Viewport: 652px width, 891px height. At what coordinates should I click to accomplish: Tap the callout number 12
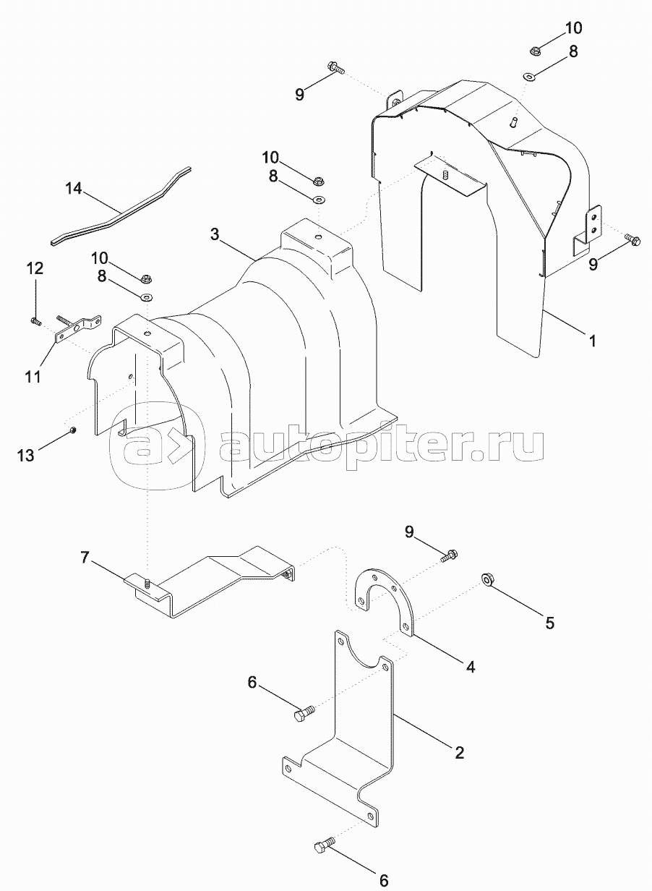click(35, 269)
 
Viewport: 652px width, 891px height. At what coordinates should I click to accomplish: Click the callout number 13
click(26, 455)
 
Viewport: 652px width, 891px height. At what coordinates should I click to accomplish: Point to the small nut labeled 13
click(73, 431)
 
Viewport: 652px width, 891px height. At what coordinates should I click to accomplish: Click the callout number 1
click(593, 340)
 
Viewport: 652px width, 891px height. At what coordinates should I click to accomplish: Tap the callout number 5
click(550, 623)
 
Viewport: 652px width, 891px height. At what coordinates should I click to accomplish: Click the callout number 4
click(471, 668)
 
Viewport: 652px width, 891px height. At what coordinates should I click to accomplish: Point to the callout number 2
click(459, 753)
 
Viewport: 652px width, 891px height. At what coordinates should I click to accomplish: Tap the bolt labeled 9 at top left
click(337, 67)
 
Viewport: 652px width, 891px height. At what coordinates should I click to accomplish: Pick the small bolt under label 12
click(35, 320)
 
